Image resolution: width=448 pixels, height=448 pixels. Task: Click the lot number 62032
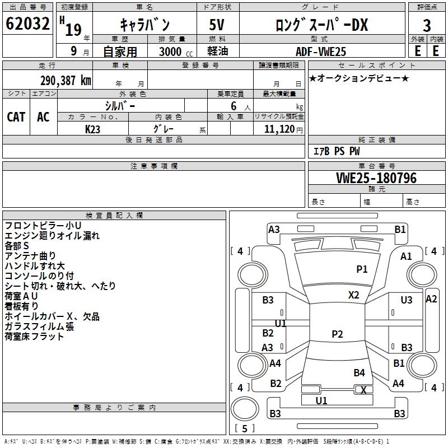[27, 24]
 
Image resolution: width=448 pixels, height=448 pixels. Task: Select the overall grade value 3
[427, 25]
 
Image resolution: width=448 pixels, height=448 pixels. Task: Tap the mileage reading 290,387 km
[66, 81]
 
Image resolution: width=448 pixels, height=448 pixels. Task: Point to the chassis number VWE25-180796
[376, 178]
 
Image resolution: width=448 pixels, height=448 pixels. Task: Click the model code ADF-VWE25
[321, 52]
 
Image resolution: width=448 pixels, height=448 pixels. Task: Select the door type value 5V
[217, 25]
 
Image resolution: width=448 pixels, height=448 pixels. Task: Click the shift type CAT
[16, 117]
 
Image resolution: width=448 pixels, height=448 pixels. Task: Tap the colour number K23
[92, 129]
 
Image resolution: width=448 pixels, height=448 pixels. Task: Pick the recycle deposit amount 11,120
[279, 129]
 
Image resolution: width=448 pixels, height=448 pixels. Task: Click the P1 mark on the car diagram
[362, 269]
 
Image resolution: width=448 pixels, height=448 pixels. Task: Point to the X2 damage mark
[353, 295]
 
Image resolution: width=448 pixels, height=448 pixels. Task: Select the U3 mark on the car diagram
[407, 300]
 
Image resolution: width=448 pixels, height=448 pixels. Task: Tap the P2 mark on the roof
[337, 334]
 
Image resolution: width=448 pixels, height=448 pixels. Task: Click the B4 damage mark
[359, 372]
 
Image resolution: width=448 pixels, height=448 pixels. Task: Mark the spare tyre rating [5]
[245, 428]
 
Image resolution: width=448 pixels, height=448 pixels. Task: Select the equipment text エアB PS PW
[337, 151]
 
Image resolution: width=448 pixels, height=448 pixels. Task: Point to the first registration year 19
[73, 30]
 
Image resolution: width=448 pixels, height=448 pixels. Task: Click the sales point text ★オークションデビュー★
[359, 78]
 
